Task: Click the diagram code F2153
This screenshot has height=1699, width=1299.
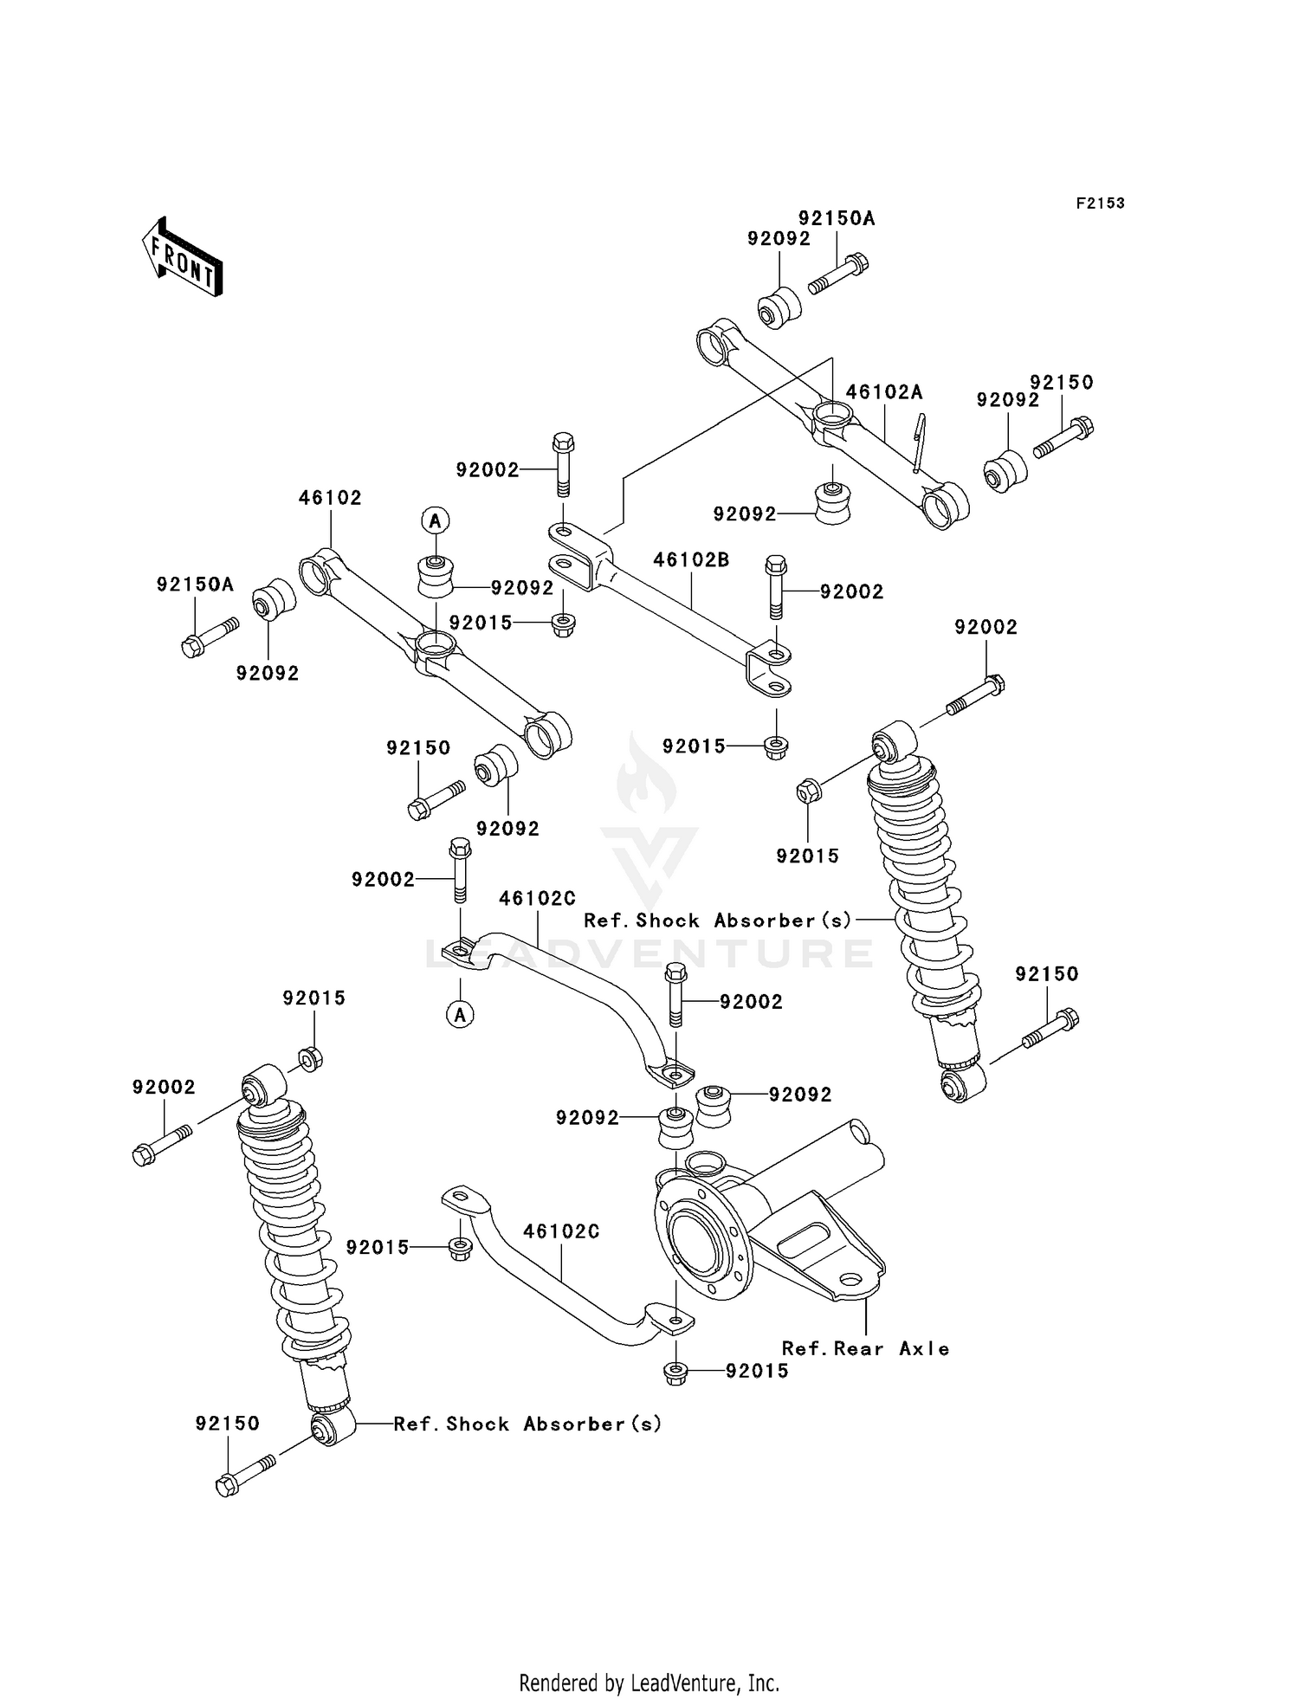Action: tap(1100, 203)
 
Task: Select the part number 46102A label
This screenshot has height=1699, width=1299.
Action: tap(883, 392)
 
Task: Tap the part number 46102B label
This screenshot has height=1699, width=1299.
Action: tap(691, 559)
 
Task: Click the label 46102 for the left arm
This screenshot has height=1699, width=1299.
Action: tap(330, 498)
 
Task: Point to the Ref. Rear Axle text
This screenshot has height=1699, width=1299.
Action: tap(865, 1348)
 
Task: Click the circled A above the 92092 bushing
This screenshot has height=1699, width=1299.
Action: tap(436, 520)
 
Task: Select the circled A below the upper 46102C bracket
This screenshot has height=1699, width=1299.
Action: tap(461, 1014)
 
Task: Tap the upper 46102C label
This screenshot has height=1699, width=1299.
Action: tap(537, 899)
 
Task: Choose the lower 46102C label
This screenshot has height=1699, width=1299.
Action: tap(561, 1231)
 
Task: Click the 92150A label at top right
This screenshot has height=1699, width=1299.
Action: tap(837, 219)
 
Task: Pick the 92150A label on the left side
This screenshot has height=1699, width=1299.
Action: tap(195, 585)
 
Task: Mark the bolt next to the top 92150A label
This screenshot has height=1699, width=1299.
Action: tap(839, 272)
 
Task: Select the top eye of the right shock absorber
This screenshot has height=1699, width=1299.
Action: tap(894, 741)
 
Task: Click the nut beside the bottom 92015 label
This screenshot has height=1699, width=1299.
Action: tap(675, 1372)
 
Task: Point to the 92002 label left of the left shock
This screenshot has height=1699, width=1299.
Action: tap(164, 1087)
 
